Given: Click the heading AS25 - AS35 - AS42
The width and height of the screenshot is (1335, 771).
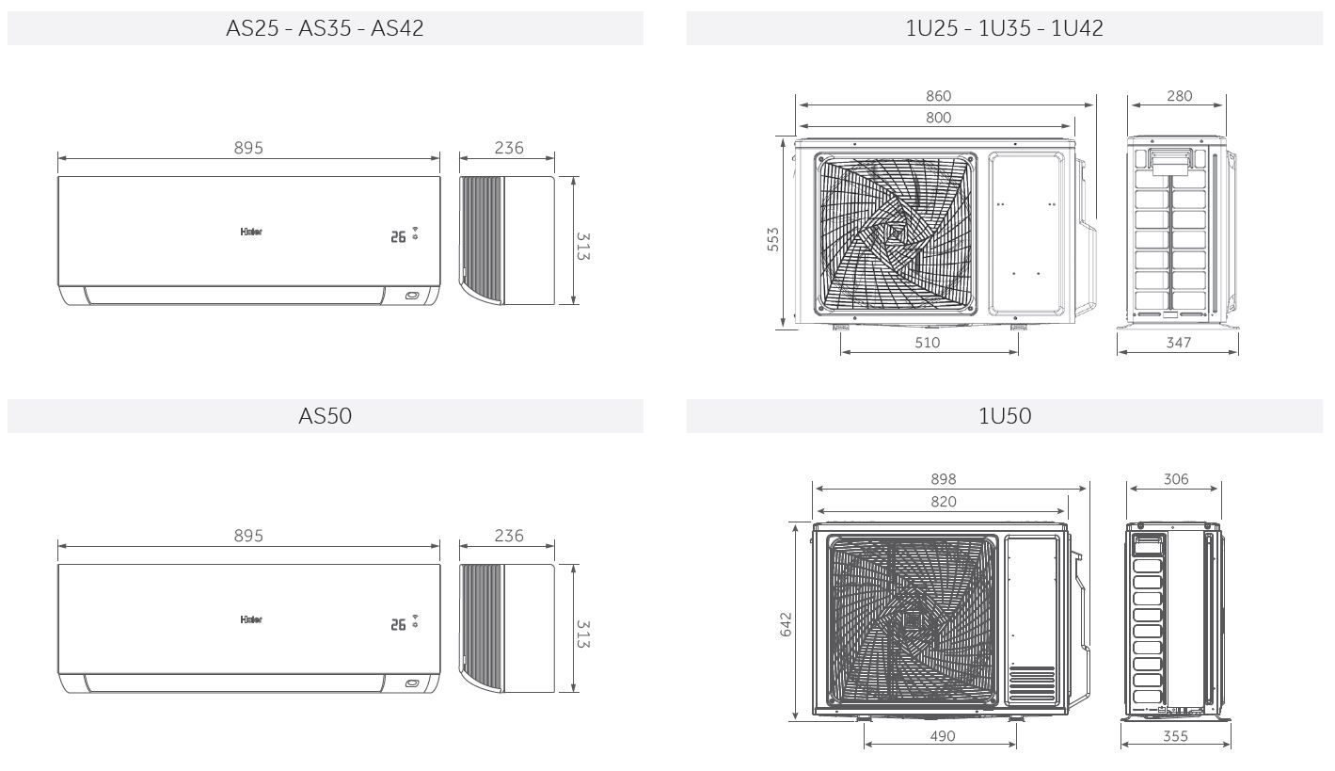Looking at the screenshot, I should (x=325, y=28).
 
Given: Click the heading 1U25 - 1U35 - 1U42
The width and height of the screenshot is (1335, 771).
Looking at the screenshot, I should (x=1004, y=28).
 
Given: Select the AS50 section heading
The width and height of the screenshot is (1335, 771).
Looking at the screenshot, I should (x=325, y=416).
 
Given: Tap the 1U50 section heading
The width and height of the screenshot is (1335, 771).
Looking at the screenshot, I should (x=1004, y=416).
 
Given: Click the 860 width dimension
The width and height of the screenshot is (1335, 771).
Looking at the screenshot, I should (x=938, y=96).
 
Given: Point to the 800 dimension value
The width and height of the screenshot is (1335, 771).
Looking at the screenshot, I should (x=938, y=118).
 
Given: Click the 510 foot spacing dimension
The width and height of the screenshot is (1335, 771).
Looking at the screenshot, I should (x=928, y=343).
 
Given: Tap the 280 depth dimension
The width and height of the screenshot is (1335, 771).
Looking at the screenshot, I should (x=1179, y=96).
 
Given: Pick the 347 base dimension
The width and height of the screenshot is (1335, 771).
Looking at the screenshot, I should (x=1178, y=343).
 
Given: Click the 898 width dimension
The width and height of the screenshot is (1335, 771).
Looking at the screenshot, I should (x=944, y=479).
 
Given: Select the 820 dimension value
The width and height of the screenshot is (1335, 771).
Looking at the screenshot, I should (x=944, y=502).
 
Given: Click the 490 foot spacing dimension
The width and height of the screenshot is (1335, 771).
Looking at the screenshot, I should (x=943, y=736).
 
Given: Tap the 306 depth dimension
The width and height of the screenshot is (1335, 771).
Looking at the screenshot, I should (x=1175, y=479).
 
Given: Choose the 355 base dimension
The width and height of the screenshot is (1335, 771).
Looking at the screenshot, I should (x=1175, y=736).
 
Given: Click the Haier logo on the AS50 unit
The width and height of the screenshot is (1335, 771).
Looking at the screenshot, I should (x=251, y=620).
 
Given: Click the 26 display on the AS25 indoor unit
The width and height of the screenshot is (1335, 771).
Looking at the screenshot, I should (x=399, y=236).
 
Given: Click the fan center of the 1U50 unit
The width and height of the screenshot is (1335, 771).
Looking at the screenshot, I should (x=911, y=621).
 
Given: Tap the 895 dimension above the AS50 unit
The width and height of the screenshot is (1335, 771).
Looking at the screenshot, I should (x=248, y=536).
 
